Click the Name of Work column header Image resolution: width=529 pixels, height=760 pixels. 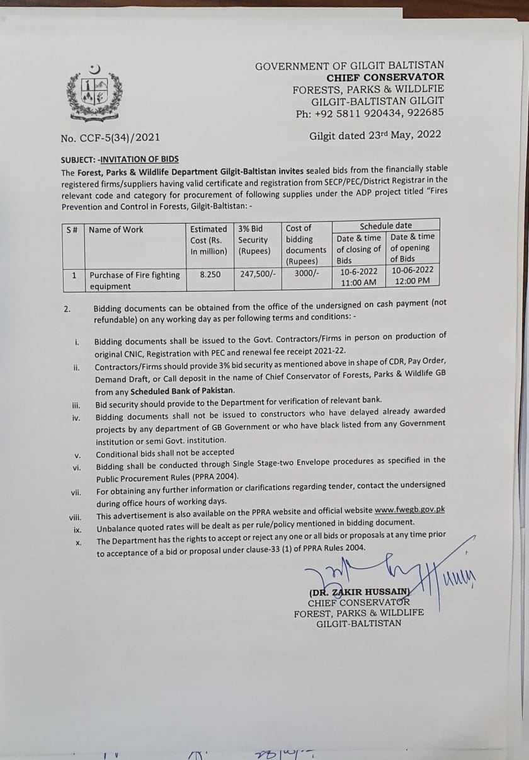116,230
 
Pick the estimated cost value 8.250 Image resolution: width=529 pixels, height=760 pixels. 210,275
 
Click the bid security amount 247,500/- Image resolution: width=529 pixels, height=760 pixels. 256,274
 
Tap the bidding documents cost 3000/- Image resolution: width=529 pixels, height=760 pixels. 307,273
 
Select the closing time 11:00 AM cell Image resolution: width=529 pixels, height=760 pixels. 358,282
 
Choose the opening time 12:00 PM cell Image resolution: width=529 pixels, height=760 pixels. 411,280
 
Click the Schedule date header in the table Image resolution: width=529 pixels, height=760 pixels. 385,226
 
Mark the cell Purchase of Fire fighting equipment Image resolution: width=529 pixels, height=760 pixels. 134,280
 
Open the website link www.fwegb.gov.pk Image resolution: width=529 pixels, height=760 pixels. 409,510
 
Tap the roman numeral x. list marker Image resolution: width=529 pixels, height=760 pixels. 78,543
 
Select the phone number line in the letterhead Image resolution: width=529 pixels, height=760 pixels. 370,113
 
